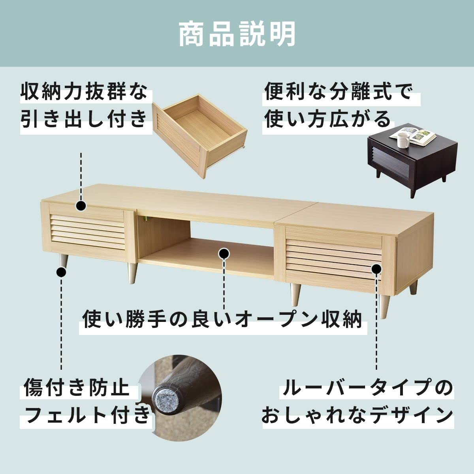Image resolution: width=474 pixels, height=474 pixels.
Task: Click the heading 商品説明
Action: pos(237,35)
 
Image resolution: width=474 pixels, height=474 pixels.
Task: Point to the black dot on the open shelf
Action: pos(224,253)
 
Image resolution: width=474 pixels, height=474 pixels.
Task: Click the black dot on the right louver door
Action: pos(376,269)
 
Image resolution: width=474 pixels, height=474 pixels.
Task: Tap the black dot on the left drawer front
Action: pos(81,205)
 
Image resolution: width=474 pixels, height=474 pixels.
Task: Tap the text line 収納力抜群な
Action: pos(84,94)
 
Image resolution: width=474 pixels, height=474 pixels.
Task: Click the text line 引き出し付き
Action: pos(84,119)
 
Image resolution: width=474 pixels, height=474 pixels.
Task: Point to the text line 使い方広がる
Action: pos(327,119)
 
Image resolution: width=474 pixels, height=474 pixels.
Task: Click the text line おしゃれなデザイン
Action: pos(357,415)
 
